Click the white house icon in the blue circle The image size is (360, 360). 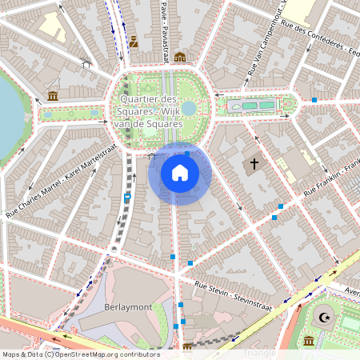point(180,173)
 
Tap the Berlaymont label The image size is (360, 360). point(127,306)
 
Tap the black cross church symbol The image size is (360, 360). point(254,165)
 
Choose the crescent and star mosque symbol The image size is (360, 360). point(323,318)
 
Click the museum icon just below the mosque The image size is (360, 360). point(309,342)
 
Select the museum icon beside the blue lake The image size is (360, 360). point(53,97)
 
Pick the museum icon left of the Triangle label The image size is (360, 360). point(187,347)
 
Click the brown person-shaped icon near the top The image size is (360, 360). point(134,41)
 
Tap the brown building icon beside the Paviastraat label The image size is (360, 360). point(180,57)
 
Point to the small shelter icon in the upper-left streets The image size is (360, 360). point(86,64)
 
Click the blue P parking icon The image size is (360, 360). point(127,196)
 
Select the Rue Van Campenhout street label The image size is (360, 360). point(267,50)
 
